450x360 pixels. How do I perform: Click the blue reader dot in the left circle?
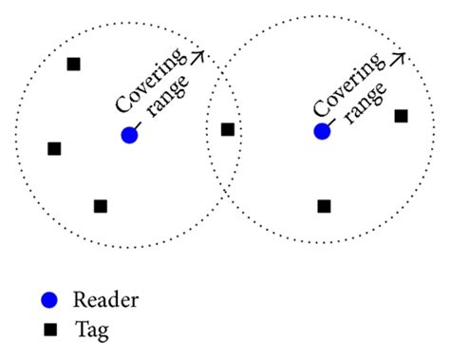129,135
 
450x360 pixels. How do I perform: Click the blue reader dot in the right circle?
322,130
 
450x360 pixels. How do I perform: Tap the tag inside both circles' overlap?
228,129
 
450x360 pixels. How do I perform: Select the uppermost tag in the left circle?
74,65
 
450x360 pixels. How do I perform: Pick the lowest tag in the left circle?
101,206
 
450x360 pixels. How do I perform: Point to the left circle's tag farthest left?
54,148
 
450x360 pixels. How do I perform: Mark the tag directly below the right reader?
324,206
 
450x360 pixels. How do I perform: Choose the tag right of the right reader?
401,116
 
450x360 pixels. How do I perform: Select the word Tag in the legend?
94,331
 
